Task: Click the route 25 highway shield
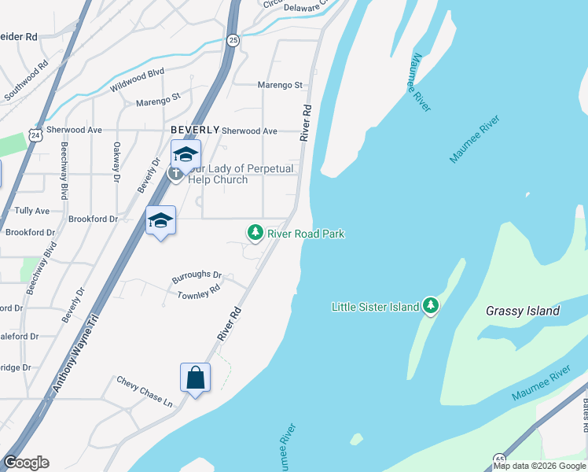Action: (233, 40)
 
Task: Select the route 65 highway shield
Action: (500, 457)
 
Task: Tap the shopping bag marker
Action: (195, 378)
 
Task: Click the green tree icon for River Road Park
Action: (255, 233)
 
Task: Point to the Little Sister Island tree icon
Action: (430, 306)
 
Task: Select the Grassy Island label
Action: (523, 311)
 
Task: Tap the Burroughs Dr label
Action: (197, 276)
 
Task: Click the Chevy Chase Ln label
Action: (145, 390)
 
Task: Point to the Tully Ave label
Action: (31, 212)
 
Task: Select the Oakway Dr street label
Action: (116, 157)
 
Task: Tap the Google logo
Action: (26, 463)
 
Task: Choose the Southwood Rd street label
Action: (26, 87)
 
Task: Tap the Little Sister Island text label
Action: (375, 307)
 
